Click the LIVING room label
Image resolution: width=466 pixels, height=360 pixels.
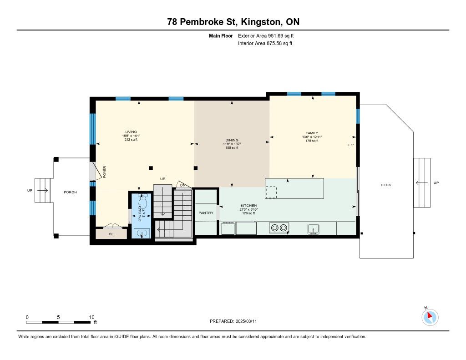pos(131,132)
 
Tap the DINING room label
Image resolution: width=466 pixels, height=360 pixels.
pos(232,140)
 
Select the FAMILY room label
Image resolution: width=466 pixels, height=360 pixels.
pos(312,133)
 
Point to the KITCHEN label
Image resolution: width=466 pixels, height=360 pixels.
pos(249,205)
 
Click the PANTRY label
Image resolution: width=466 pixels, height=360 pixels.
pos(206,213)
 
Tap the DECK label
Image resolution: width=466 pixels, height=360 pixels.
pos(386,185)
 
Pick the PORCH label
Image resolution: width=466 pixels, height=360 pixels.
pos(70,192)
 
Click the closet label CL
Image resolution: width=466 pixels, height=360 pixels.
pos(111,234)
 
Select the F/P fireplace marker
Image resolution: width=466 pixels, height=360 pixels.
pos(351,145)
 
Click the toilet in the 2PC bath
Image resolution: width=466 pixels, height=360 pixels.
pos(143,202)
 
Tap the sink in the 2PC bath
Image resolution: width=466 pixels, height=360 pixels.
pos(142,233)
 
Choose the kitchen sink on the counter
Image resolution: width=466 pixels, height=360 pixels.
pos(313,229)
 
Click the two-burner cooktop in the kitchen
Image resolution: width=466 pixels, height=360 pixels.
pos(279,228)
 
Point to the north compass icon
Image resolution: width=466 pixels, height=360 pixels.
pos(430,317)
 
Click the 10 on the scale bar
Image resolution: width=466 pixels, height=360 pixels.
pos(91,317)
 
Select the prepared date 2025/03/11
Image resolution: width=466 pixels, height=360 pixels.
pos(246,321)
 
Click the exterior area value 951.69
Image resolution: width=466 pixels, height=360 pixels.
pos(274,35)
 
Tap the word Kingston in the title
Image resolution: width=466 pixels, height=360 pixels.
pos(261,22)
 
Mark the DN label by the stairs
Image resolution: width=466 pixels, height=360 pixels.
pos(183,185)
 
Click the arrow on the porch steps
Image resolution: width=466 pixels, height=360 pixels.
pos(42,190)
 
